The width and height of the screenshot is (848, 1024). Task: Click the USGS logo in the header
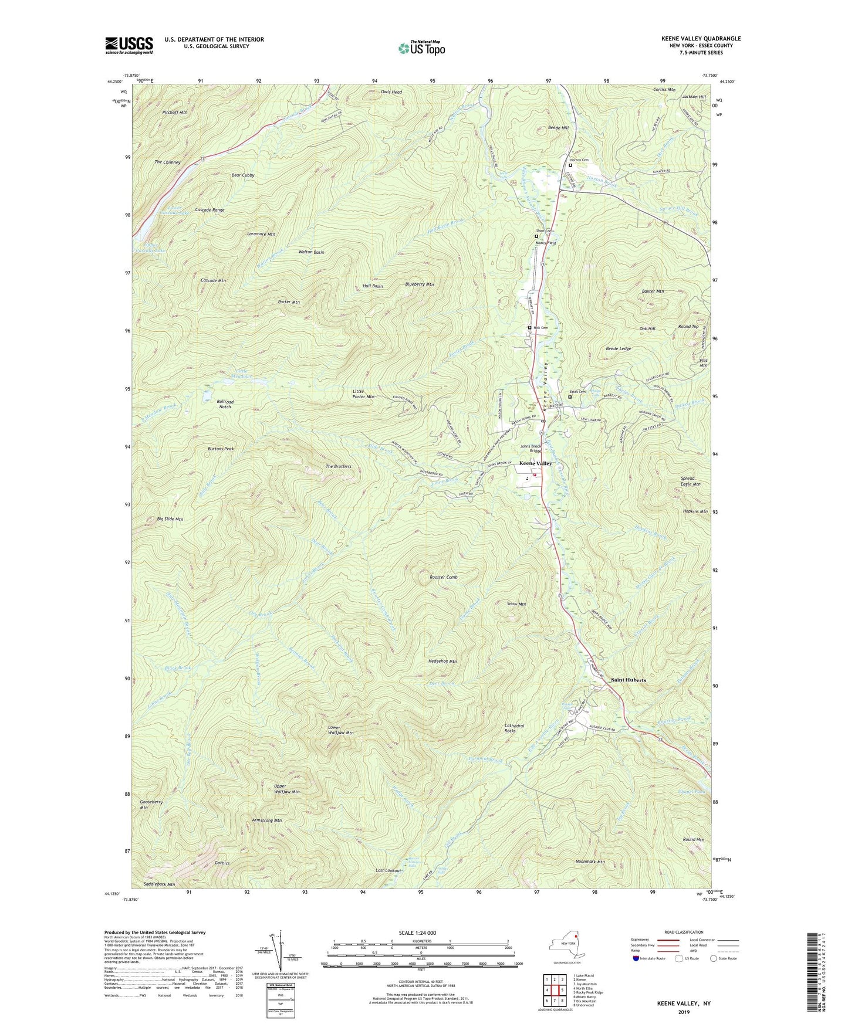point(129,45)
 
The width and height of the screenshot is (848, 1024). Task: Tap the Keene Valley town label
point(536,463)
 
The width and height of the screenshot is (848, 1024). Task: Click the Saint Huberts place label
point(628,680)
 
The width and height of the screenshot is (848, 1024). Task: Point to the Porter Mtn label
point(289,302)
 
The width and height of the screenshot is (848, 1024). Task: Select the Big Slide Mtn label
point(170,519)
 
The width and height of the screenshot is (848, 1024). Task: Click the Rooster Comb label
point(443,577)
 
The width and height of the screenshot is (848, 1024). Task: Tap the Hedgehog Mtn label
point(442,661)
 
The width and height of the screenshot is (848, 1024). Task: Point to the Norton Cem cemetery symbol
point(570,165)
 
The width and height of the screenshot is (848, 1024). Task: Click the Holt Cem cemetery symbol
point(529,328)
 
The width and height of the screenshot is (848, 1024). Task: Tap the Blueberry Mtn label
point(419,284)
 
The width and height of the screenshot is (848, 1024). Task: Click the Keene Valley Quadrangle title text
point(701,39)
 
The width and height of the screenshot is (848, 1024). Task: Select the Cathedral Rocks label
point(515,728)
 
